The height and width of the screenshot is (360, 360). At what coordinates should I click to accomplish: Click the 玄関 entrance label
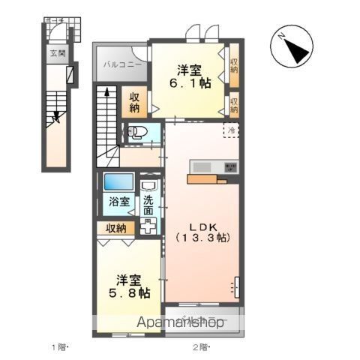[x=58, y=53]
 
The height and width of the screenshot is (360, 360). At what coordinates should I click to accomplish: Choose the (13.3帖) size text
[x=202, y=238]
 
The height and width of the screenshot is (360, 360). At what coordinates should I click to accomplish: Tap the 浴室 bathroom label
[x=117, y=202]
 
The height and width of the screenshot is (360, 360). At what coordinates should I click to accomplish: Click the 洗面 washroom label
[x=148, y=205]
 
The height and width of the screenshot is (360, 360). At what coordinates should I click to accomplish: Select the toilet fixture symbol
[x=137, y=135]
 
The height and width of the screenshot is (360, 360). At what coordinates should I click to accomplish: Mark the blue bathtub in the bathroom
[x=117, y=183]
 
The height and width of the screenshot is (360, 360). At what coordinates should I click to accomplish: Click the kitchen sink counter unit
[x=214, y=167]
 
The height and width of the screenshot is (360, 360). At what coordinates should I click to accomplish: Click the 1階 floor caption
[x=59, y=346]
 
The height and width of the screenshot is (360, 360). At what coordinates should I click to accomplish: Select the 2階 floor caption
[x=200, y=346]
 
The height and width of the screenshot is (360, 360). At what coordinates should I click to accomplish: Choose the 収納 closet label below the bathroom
[x=115, y=228]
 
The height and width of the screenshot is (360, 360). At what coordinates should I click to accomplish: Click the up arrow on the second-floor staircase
[x=105, y=94]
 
